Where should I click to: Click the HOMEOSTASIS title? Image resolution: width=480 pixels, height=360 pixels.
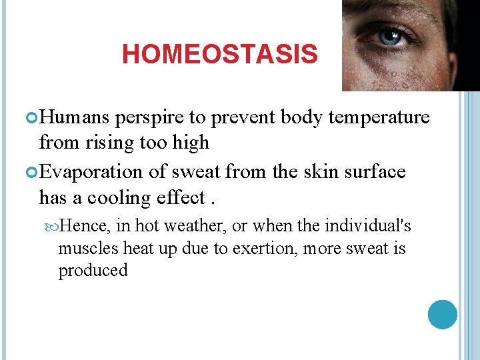click(219, 55)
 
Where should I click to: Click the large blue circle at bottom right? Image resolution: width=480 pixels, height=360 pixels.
click(442, 314)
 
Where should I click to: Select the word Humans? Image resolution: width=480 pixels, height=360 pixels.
click(75, 117)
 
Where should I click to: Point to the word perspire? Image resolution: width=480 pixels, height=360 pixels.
click(150, 119)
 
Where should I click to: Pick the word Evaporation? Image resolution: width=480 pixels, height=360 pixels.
click(93, 172)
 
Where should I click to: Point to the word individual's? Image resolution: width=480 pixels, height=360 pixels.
click(367, 227)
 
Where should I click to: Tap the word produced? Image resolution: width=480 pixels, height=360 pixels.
click(93, 271)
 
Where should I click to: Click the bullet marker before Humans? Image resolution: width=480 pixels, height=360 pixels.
click(33, 118)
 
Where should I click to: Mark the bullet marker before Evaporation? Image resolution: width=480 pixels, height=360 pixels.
click(33, 172)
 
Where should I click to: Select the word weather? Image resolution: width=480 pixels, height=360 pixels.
click(195, 227)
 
